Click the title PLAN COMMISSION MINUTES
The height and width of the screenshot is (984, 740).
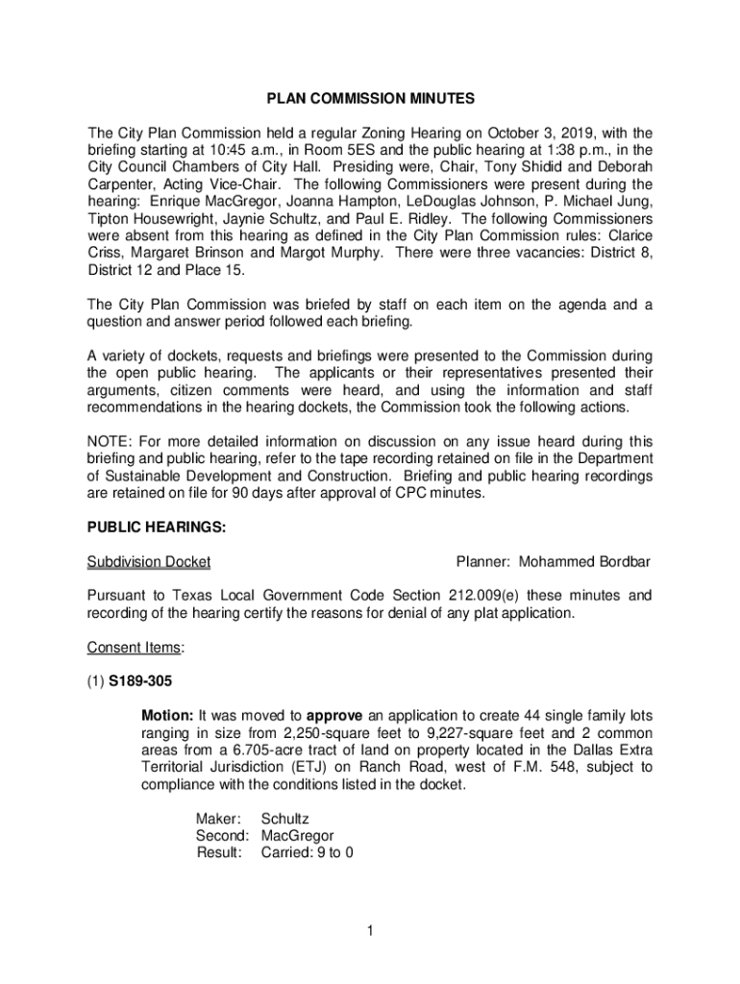click(370, 99)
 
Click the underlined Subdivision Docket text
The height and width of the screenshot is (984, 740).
click(149, 561)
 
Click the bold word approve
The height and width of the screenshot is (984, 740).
click(334, 716)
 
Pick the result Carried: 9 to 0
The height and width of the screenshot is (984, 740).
click(308, 851)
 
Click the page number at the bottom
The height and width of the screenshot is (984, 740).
click(370, 930)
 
